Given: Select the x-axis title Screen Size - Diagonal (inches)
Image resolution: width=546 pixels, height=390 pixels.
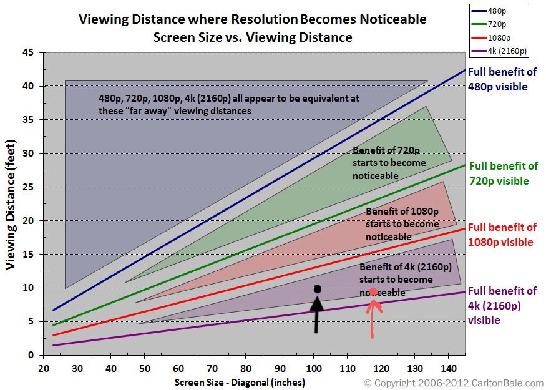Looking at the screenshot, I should tap(240, 382).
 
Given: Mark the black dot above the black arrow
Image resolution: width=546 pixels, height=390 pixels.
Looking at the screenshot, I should tap(318, 289).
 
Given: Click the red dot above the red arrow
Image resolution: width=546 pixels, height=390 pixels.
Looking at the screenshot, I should tap(373, 292).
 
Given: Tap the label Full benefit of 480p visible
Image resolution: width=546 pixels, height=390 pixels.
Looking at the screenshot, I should tap(502, 80).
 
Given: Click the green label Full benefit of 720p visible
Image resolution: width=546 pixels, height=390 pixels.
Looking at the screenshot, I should tap(503, 173).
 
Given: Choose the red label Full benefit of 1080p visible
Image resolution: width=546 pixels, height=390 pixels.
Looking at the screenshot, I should tap(502, 235).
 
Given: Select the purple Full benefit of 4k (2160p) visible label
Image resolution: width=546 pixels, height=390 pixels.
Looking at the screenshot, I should tap(502, 306).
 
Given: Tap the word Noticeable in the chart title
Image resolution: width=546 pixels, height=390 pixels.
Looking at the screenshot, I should tap(388, 19).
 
